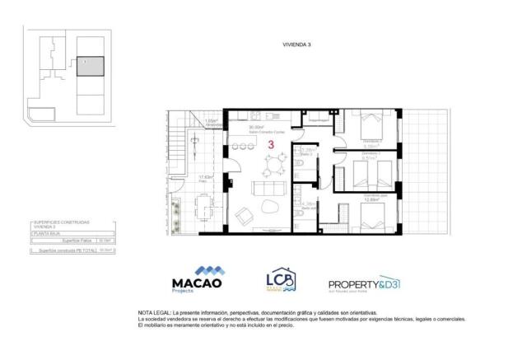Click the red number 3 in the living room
pyautogui.click(x=271, y=144)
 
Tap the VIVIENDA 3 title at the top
pyautogui.click(x=296, y=47)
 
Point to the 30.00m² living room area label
pyautogui.click(x=257, y=128)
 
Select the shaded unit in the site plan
pyautogui.click(x=91, y=66)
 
